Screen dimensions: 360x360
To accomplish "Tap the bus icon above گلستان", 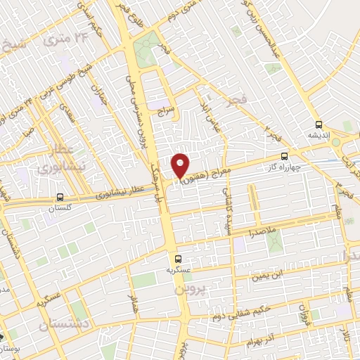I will [60, 198].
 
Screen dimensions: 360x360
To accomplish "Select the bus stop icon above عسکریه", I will [179, 259].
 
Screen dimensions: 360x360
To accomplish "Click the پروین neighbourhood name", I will [188, 289].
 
